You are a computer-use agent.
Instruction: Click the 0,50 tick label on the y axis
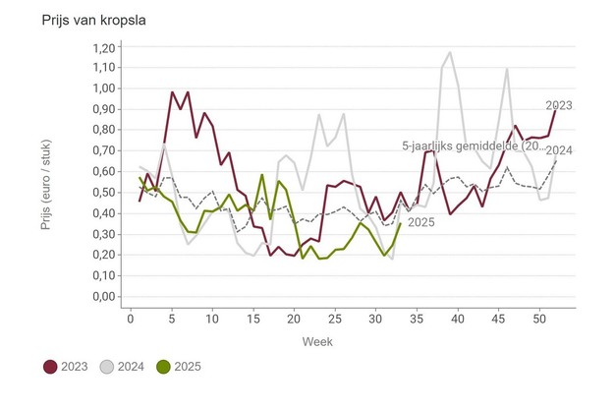[102, 192]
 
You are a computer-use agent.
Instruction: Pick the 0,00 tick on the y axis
[102, 296]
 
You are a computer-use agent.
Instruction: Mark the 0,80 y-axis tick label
[102, 130]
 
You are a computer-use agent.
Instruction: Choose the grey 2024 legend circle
[108, 367]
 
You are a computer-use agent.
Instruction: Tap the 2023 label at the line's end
[559, 104]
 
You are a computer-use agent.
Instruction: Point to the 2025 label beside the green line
[420, 222]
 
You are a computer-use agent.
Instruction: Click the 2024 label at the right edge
[559, 149]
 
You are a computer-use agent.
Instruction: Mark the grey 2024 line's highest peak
[449, 52]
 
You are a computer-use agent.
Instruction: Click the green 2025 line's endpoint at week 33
[400, 223]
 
